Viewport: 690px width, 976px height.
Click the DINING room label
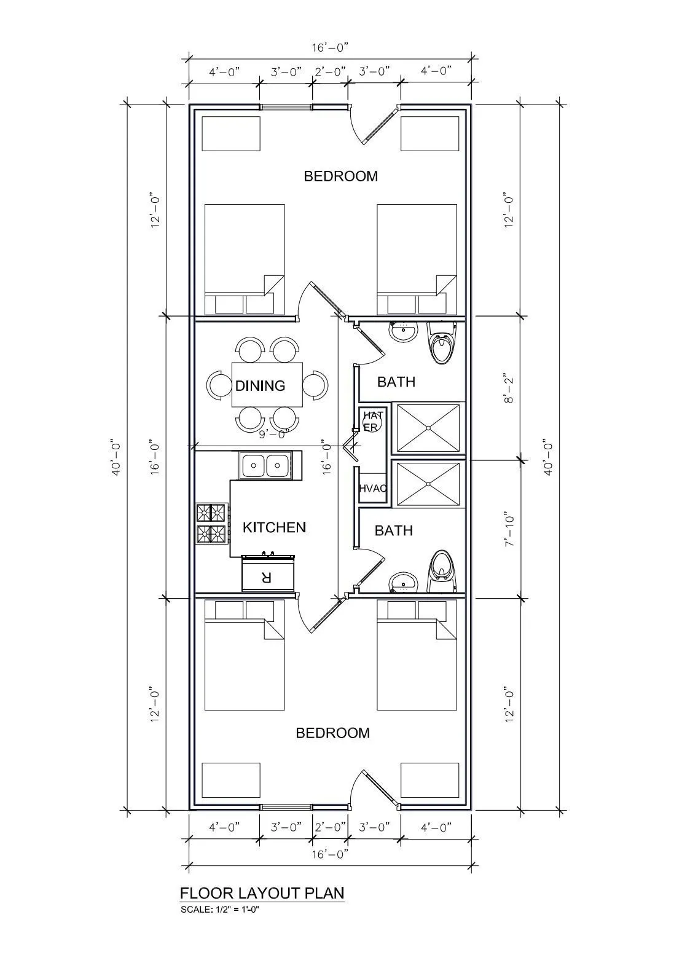(260, 385)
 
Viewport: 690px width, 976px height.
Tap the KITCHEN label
(275, 527)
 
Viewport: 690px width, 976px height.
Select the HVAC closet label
(372, 488)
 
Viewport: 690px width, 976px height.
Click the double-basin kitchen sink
(265, 465)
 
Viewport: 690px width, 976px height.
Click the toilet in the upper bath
(441, 343)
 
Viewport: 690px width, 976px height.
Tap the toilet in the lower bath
(442, 571)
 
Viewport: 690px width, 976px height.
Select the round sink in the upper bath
(403, 333)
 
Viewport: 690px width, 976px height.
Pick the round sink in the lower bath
(403, 582)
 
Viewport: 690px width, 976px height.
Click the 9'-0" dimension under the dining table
(275, 434)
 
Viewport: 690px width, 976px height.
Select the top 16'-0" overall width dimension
(330, 47)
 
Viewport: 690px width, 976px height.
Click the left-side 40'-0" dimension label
(117, 456)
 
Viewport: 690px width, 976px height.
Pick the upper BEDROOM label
(340, 176)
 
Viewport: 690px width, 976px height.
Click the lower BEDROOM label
(333, 733)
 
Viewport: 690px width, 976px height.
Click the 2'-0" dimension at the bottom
(330, 827)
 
